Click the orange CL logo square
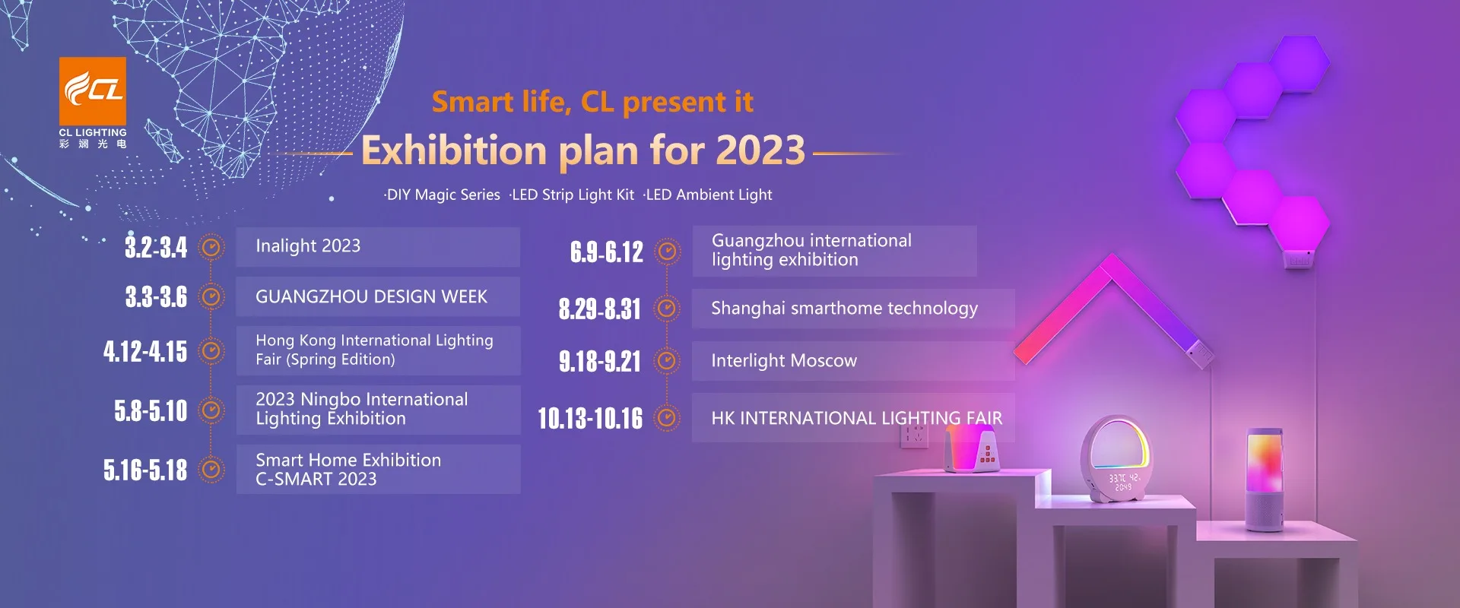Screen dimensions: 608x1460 pyautogui.click(x=93, y=90)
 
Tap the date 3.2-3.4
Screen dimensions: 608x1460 pyautogui.click(x=156, y=247)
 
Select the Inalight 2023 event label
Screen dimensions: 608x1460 pyautogui.click(x=308, y=246)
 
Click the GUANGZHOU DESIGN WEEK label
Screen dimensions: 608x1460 pyautogui.click(x=371, y=296)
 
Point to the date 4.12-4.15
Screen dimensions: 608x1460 pyautogui.click(x=145, y=351)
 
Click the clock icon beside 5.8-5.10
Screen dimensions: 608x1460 pyautogui.click(x=211, y=410)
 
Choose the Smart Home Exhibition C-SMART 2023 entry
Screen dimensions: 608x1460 pyautogui.click(x=348, y=470)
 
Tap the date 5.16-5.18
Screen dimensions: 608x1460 pyautogui.click(x=145, y=470)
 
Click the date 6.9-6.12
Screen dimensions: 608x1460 pyautogui.click(x=607, y=252)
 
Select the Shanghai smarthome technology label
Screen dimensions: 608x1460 pyautogui.click(x=844, y=309)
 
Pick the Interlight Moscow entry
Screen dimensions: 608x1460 pyautogui.click(x=784, y=361)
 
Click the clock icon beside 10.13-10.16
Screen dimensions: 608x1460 pyautogui.click(x=667, y=418)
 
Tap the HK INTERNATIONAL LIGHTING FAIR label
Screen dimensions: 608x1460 pyautogui.click(x=856, y=418)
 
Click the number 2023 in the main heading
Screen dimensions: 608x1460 pyautogui.click(x=760, y=150)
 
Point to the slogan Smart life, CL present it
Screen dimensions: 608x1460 pyautogui.click(x=592, y=102)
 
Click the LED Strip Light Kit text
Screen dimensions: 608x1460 pyautogui.click(x=572, y=195)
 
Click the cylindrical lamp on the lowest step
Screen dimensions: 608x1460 pyautogui.click(x=1264, y=479)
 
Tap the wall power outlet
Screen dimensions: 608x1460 pyautogui.click(x=914, y=434)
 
